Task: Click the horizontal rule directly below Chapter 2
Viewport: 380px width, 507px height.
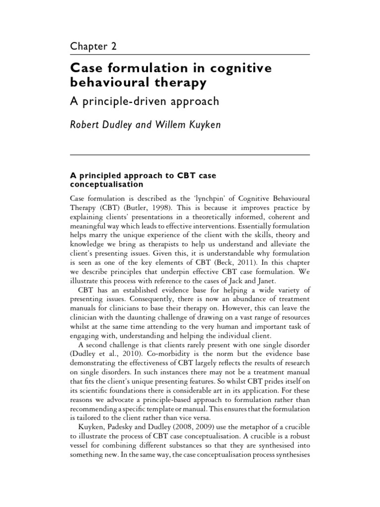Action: click(x=190, y=53)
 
